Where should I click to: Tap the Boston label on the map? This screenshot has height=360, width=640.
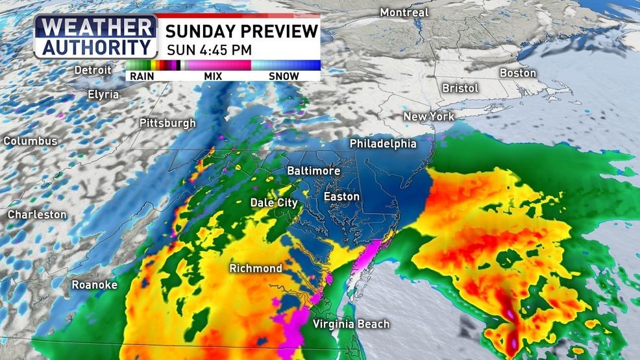[518, 73]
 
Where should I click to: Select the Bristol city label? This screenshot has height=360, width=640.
[460, 88]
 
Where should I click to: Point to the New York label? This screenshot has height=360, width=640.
[428, 117]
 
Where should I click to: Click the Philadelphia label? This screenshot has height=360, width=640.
[383, 143]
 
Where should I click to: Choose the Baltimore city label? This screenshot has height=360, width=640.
[314, 170]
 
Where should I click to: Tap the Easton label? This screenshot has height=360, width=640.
[342, 196]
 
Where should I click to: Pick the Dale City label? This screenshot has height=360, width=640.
[274, 203]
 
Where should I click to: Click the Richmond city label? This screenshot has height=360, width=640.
[256, 268]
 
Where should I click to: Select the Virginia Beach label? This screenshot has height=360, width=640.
[351, 324]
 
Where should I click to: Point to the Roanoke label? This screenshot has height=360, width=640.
[94, 285]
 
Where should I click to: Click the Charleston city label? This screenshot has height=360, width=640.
[37, 214]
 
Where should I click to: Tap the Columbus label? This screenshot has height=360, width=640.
[31, 141]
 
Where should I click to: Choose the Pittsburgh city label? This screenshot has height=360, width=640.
[167, 123]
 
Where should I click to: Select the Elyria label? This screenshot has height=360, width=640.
[103, 94]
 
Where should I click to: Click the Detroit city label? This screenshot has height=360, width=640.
[93, 69]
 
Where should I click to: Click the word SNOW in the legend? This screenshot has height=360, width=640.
[284, 76]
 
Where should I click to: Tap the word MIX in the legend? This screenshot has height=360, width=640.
[213, 76]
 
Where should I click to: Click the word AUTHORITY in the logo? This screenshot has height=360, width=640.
[95, 47]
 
